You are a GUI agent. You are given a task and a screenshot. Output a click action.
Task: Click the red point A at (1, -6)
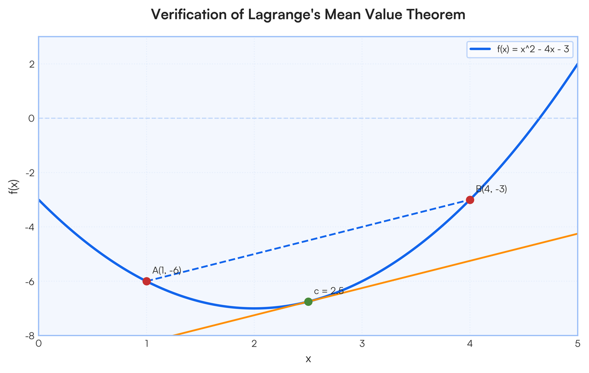tap(146, 281)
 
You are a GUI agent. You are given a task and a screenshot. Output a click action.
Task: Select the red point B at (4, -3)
tap(470, 200)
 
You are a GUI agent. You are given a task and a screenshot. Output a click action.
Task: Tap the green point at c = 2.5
tap(308, 301)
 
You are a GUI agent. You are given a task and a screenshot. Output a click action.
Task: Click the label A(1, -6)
tap(167, 271)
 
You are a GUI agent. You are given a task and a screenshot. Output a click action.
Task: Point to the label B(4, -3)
tap(491, 189)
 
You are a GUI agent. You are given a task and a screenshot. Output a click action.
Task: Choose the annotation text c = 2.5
tap(329, 291)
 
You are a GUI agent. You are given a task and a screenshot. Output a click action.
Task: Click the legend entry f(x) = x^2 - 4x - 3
tap(533, 49)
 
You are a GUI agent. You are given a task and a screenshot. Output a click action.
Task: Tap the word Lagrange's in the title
tap(284, 14)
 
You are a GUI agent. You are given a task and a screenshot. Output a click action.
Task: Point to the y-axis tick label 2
tap(32, 64)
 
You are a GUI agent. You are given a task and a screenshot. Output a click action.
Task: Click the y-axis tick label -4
tap(30, 227)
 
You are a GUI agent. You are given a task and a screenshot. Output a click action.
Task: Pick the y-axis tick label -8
tap(30, 336)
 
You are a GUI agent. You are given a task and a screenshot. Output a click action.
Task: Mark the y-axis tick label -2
tap(30, 173)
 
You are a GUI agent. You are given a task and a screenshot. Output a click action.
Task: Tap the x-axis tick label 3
tap(362, 344)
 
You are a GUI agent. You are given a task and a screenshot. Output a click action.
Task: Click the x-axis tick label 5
tap(577, 344)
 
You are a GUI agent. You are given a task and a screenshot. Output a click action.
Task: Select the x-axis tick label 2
tap(254, 344)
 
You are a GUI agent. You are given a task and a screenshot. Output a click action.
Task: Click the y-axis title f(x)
tap(14, 187)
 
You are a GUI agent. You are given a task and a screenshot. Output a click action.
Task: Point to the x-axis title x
tap(308, 359)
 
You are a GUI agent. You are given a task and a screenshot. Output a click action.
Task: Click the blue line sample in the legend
tap(481, 49)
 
